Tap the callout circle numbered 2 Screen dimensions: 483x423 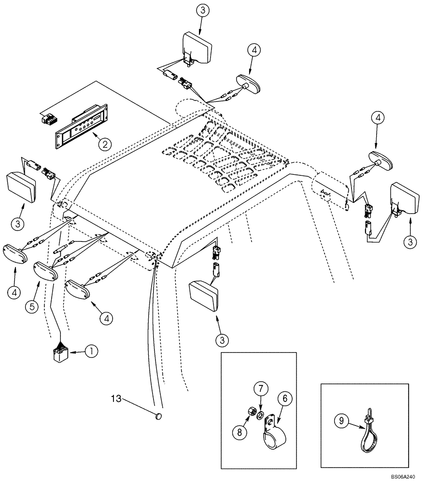tap(103, 143)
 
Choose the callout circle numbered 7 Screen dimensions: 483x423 tap(260, 388)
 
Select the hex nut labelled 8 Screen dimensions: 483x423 tap(251, 412)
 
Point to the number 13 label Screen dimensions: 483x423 tap(117, 398)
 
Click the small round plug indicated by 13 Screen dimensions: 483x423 tap(159, 415)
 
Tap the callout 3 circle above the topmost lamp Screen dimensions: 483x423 tap(203, 11)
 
